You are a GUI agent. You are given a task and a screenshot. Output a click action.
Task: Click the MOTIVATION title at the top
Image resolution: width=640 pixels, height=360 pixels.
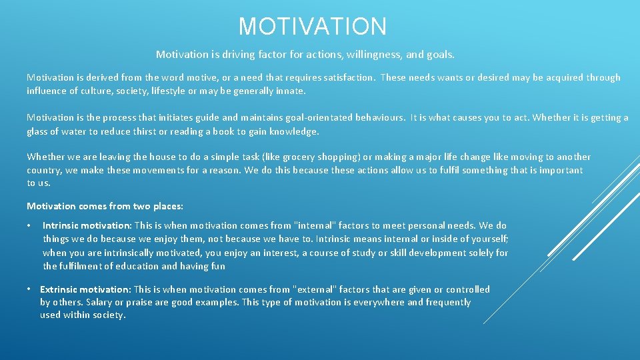[313, 27]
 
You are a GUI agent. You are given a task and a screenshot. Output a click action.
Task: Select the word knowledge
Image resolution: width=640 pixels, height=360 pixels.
[295, 131]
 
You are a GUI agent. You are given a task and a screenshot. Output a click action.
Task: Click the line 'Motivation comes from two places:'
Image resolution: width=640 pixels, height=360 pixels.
[105, 206]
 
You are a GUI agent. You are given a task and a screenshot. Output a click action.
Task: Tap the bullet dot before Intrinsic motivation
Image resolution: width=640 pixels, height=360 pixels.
[29, 226]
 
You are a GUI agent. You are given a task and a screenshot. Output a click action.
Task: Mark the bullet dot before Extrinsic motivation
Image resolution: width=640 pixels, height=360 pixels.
[29, 289]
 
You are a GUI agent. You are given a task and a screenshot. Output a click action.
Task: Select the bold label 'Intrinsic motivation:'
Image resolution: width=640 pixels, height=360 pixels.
[87, 226]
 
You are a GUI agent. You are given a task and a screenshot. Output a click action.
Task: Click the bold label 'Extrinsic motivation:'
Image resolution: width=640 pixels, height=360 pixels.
[85, 289]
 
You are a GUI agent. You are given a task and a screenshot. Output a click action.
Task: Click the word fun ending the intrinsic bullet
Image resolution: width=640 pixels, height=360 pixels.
[218, 266]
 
